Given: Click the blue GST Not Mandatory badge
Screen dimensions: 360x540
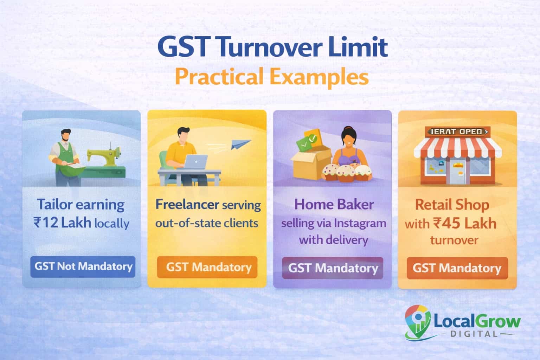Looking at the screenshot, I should pyautogui.click(x=83, y=266).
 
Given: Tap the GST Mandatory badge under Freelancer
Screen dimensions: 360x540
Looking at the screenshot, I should pyautogui.click(x=207, y=267).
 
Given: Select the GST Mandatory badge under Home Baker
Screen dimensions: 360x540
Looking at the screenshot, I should pyautogui.click(x=333, y=268).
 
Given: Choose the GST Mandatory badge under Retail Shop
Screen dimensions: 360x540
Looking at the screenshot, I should pyautogui.click(x=457, y=268).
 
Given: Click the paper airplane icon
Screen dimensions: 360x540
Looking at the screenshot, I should pyautogui.click(x=241, y=144).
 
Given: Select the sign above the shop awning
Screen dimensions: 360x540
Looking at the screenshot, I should pyautogui.click(x=457, y=132).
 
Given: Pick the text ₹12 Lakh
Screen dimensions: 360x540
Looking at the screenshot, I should pyautogui.click(x=62, y=223).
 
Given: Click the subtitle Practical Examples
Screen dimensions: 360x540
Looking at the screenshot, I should pyautogui.click(x=271, y=77).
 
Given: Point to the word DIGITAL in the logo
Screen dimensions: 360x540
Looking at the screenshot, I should pyautogui.click(x=474, y=333).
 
